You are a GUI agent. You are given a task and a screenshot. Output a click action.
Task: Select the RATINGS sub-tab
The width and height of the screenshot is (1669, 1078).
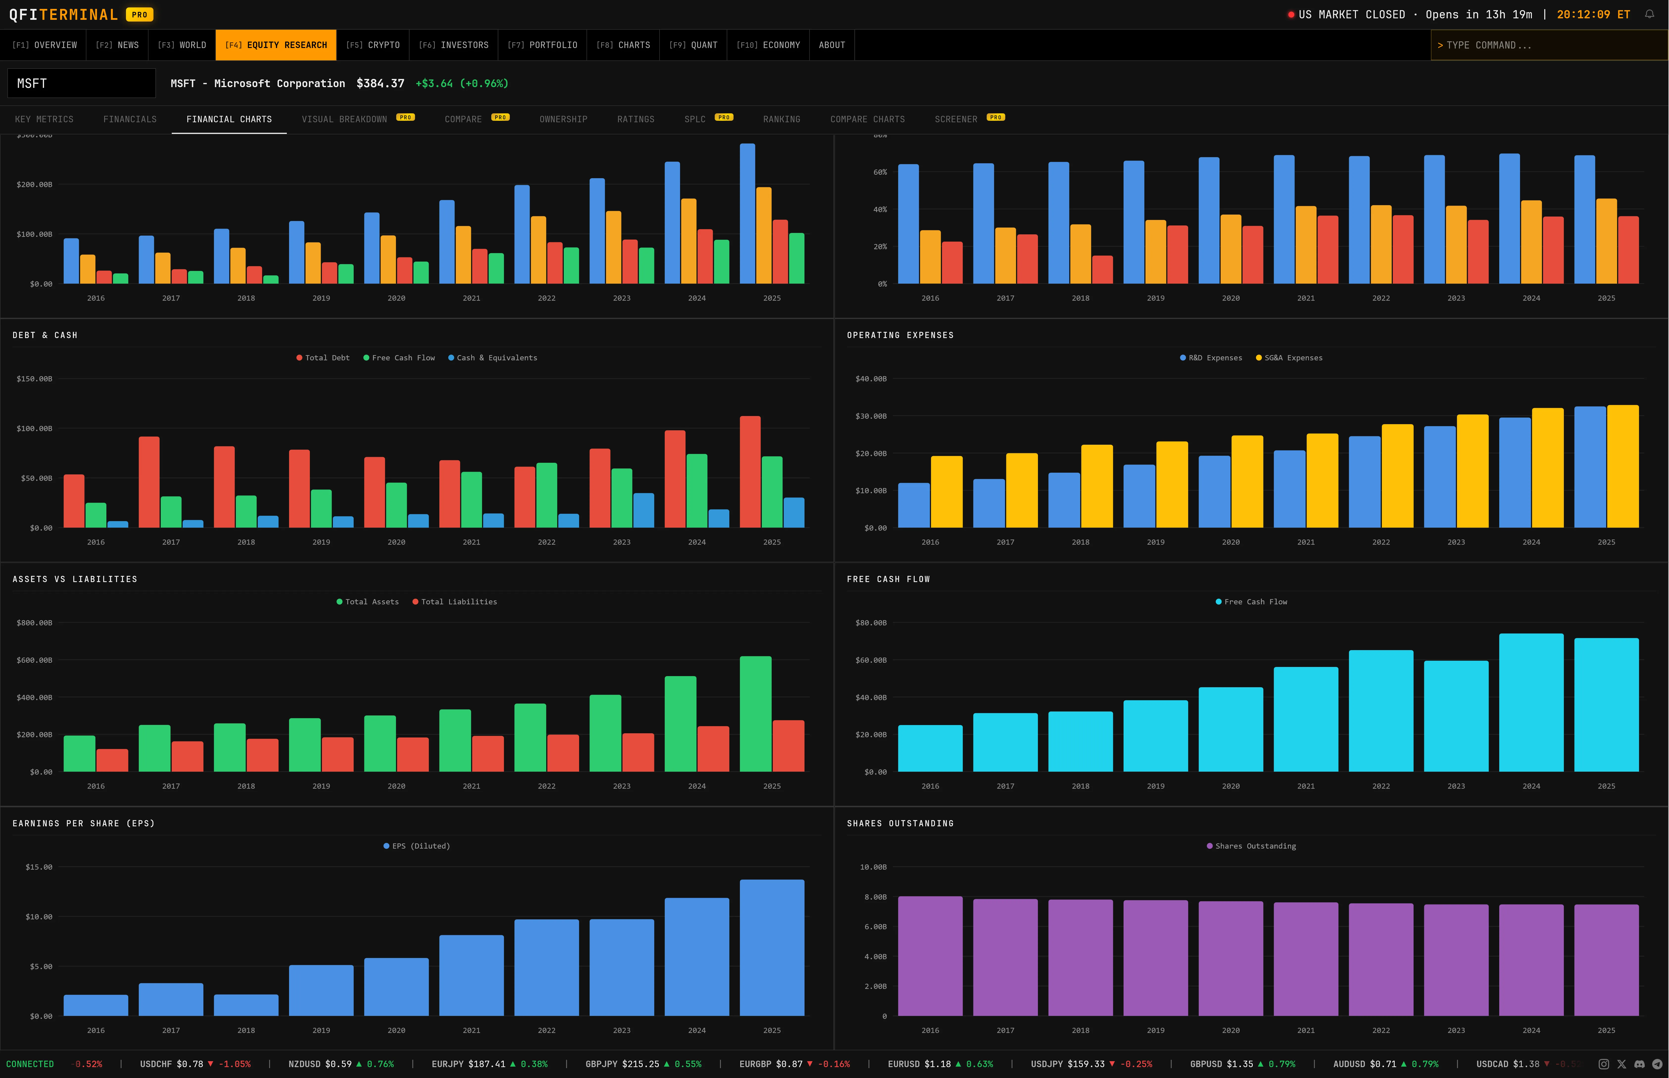click(636, 119)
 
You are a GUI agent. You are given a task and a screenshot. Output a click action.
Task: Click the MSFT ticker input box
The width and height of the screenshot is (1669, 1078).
click(81, 83)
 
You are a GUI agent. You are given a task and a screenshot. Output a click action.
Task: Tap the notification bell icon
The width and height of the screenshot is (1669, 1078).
click(1649, 14)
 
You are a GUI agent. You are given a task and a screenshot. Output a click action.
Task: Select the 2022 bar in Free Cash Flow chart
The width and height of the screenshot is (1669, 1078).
click(1381, 710)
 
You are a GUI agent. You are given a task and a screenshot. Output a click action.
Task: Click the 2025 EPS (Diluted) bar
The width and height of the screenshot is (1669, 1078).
click(772, 947)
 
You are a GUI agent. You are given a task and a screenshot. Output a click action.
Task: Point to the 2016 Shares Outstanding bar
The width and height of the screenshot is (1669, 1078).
click(930, 955)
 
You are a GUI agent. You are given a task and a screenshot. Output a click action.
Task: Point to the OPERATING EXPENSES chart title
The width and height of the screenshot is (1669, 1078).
click(900, 335)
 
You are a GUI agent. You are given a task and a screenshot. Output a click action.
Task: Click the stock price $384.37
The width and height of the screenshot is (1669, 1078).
click(380, 83)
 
